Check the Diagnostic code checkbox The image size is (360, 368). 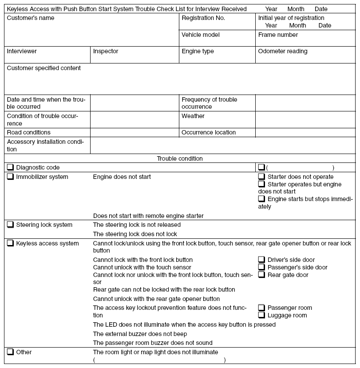[x=10, y=167]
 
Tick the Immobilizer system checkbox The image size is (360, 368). [x=10, y=177]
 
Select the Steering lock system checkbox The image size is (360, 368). [x=10, y=225]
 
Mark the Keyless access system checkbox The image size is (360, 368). [x=10, y=243]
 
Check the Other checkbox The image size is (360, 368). [x=10, y=352]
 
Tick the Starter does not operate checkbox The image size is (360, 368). [x=261, y=177]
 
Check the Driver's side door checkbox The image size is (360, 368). [x=261, y=260]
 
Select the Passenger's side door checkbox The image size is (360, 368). [x=261, y=267]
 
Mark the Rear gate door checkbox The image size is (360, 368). [x=261, y=275]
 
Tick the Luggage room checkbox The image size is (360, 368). [x=261, y=315]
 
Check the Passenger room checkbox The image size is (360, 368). [x=261, y=308]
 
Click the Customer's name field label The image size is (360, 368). [x=31, y=18]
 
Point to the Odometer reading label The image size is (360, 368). [x=282, y=51]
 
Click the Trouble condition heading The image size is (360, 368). [x=180, y=158]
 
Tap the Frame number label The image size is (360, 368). [x=278, y=35]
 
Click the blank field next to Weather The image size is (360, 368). [x=305, y=119]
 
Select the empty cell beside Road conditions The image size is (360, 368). [x=135, y=132]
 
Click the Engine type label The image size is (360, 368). [x=198, y=51]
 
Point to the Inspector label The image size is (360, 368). [x=106, y=51]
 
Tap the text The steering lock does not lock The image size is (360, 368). [x=135, y=234]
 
